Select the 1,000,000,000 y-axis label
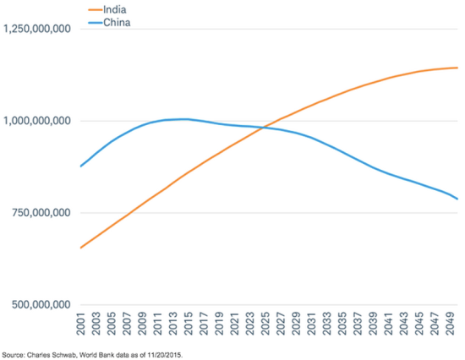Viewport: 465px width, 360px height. (36, 121)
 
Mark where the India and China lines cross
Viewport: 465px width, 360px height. (265, 128)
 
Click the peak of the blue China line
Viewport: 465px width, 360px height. (183, 118)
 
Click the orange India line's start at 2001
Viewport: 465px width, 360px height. (80, 248)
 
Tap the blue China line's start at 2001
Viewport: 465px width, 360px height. (80, 166)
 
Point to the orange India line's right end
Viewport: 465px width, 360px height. (457, 68)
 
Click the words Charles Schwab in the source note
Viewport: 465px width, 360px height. (50, 353)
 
